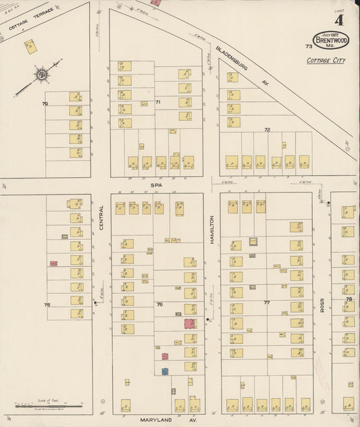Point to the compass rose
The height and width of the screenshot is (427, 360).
point(41,74)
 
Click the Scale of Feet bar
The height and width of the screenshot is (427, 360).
point(48,405)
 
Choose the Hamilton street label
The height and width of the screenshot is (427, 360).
point(211,229)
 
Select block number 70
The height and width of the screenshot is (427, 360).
point(45,103)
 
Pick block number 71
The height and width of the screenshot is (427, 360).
point(158,102)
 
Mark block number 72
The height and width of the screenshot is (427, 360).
point(267,129)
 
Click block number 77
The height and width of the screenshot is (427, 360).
point(267,303)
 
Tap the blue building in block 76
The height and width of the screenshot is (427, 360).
point(165,371)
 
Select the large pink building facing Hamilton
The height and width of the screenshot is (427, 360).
point(190,324)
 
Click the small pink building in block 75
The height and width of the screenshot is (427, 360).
point(53,263)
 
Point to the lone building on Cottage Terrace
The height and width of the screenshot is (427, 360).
point(30,47)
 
